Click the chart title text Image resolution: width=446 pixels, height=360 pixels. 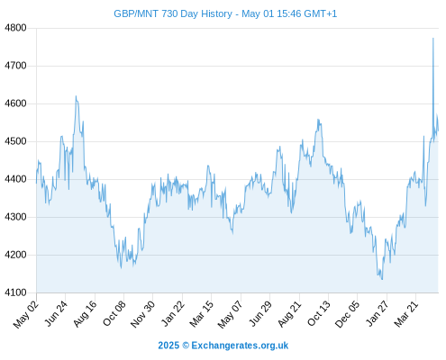[225, 13]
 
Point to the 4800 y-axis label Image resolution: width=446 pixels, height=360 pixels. [15, 28]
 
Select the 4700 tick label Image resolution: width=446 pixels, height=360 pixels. [15, 66]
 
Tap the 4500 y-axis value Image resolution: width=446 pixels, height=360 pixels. [15, 141]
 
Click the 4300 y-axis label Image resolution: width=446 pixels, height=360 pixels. [15, 217]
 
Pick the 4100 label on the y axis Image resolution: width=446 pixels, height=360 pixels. [15, 292]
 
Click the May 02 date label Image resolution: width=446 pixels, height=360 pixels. [26, 314]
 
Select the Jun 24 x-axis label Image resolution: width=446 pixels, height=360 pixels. [57, 313]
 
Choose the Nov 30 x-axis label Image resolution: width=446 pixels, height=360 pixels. [142, 314]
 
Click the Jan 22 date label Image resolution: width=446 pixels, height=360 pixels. [173, 313]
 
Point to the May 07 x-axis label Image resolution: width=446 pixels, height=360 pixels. [230, 314]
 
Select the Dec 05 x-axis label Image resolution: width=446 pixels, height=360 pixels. [347, 314]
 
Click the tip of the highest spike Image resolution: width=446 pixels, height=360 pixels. [432, 38]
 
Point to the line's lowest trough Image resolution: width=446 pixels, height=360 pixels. [382, 279]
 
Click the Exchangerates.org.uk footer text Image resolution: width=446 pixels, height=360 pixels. [240, 346]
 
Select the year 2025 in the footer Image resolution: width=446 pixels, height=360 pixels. [168, 346]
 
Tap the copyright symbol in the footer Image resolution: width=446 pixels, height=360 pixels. [186, 346]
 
